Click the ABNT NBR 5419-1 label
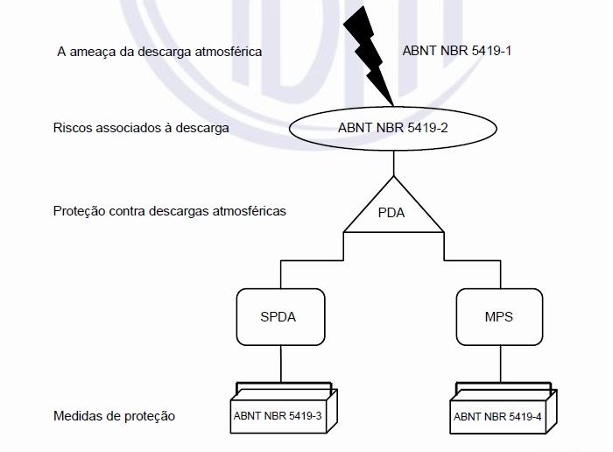(x=456, y=51)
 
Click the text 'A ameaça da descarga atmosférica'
(x=159, y=52)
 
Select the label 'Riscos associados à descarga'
(x=141, y=128)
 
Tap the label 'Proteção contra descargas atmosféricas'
(x=170, y=211)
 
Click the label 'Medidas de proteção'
(x=114, y=416)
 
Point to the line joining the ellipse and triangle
(x=394, y=163)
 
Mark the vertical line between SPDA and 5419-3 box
(x=281, y=364)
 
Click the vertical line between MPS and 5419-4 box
(x=500, y=364)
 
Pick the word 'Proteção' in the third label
(x=80, y=211)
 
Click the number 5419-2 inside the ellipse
(x=427, y=128)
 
